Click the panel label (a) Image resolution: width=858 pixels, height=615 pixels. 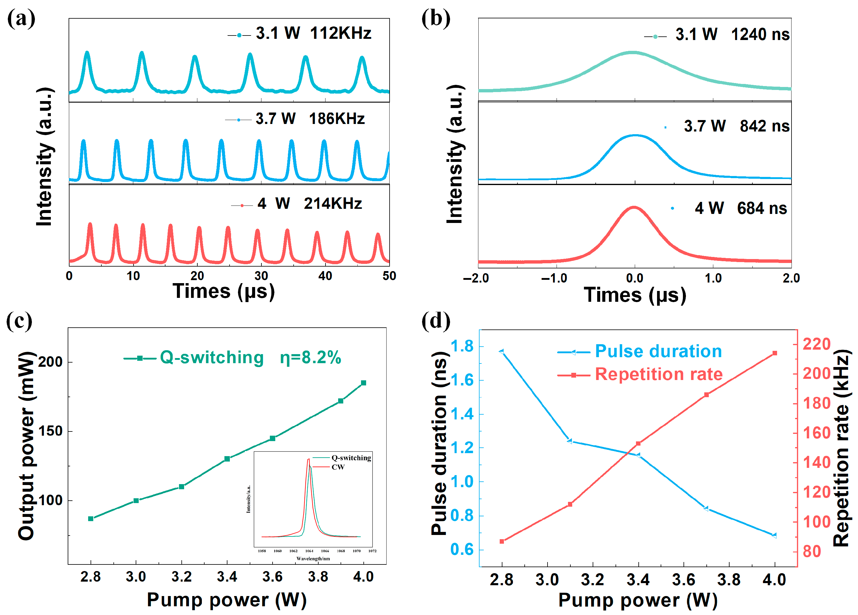coord(21,19)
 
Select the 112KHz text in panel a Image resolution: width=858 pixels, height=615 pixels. coord(341,33)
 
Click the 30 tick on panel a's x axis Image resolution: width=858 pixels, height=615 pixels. coord(261,276)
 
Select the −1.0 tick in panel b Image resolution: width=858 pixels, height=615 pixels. coord(554,279)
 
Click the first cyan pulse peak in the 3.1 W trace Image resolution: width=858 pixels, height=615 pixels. coord(87,52)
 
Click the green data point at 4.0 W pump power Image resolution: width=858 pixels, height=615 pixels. coord(363,383)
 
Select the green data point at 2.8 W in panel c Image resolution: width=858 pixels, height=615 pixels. coord(91,518)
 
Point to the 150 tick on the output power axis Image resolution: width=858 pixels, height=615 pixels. coord(50,431)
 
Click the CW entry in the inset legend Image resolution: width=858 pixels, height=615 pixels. coord(338,467)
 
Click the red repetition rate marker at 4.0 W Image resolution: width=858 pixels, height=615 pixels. coord(775,353)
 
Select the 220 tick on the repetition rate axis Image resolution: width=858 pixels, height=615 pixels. coord(816,344)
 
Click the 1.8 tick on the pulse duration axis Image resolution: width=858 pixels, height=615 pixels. coord(462,346)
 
